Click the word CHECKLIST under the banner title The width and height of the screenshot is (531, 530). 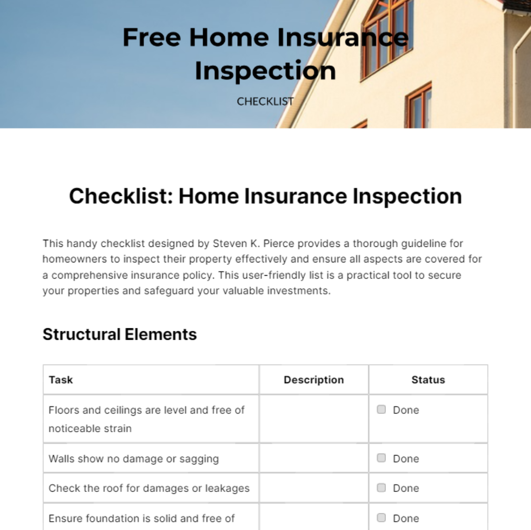(265, 102)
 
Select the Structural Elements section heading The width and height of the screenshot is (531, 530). (119, 334)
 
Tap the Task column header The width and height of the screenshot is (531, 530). (61, 380)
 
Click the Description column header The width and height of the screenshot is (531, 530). (314, 380)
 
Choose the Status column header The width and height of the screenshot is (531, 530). (428, 380)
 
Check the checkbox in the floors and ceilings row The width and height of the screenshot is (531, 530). (381, 409)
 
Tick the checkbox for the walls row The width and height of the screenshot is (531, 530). (381, 458)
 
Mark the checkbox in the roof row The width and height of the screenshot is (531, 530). (381, 488)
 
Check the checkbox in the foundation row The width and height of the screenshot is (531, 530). (381, 518)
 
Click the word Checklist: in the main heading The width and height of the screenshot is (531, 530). (120, 196)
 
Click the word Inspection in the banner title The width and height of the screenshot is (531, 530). (265, 71)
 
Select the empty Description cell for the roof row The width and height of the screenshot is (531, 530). (314, 488)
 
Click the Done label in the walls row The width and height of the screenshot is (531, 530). (406, 459)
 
